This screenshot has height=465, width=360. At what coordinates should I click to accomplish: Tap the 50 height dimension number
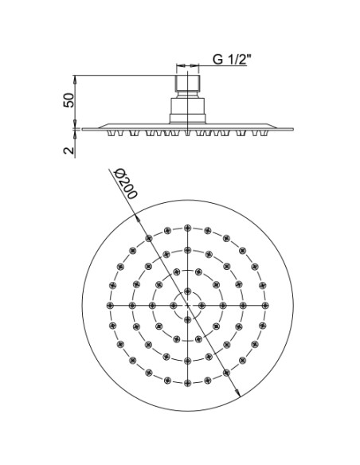pos(68,100)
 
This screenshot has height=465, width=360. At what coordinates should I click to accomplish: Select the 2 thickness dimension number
pos(68,150)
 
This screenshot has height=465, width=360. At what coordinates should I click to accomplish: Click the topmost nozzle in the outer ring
pos(187,228)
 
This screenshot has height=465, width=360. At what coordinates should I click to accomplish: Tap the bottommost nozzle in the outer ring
pos(187,383)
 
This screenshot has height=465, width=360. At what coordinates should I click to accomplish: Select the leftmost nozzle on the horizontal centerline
pos(111,305)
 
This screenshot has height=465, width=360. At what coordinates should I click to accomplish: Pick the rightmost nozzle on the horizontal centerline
pos(265,306)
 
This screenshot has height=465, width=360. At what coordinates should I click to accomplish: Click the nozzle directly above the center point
pos(187,291)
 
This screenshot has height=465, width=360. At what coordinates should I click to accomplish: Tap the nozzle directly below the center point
pos(187,320)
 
